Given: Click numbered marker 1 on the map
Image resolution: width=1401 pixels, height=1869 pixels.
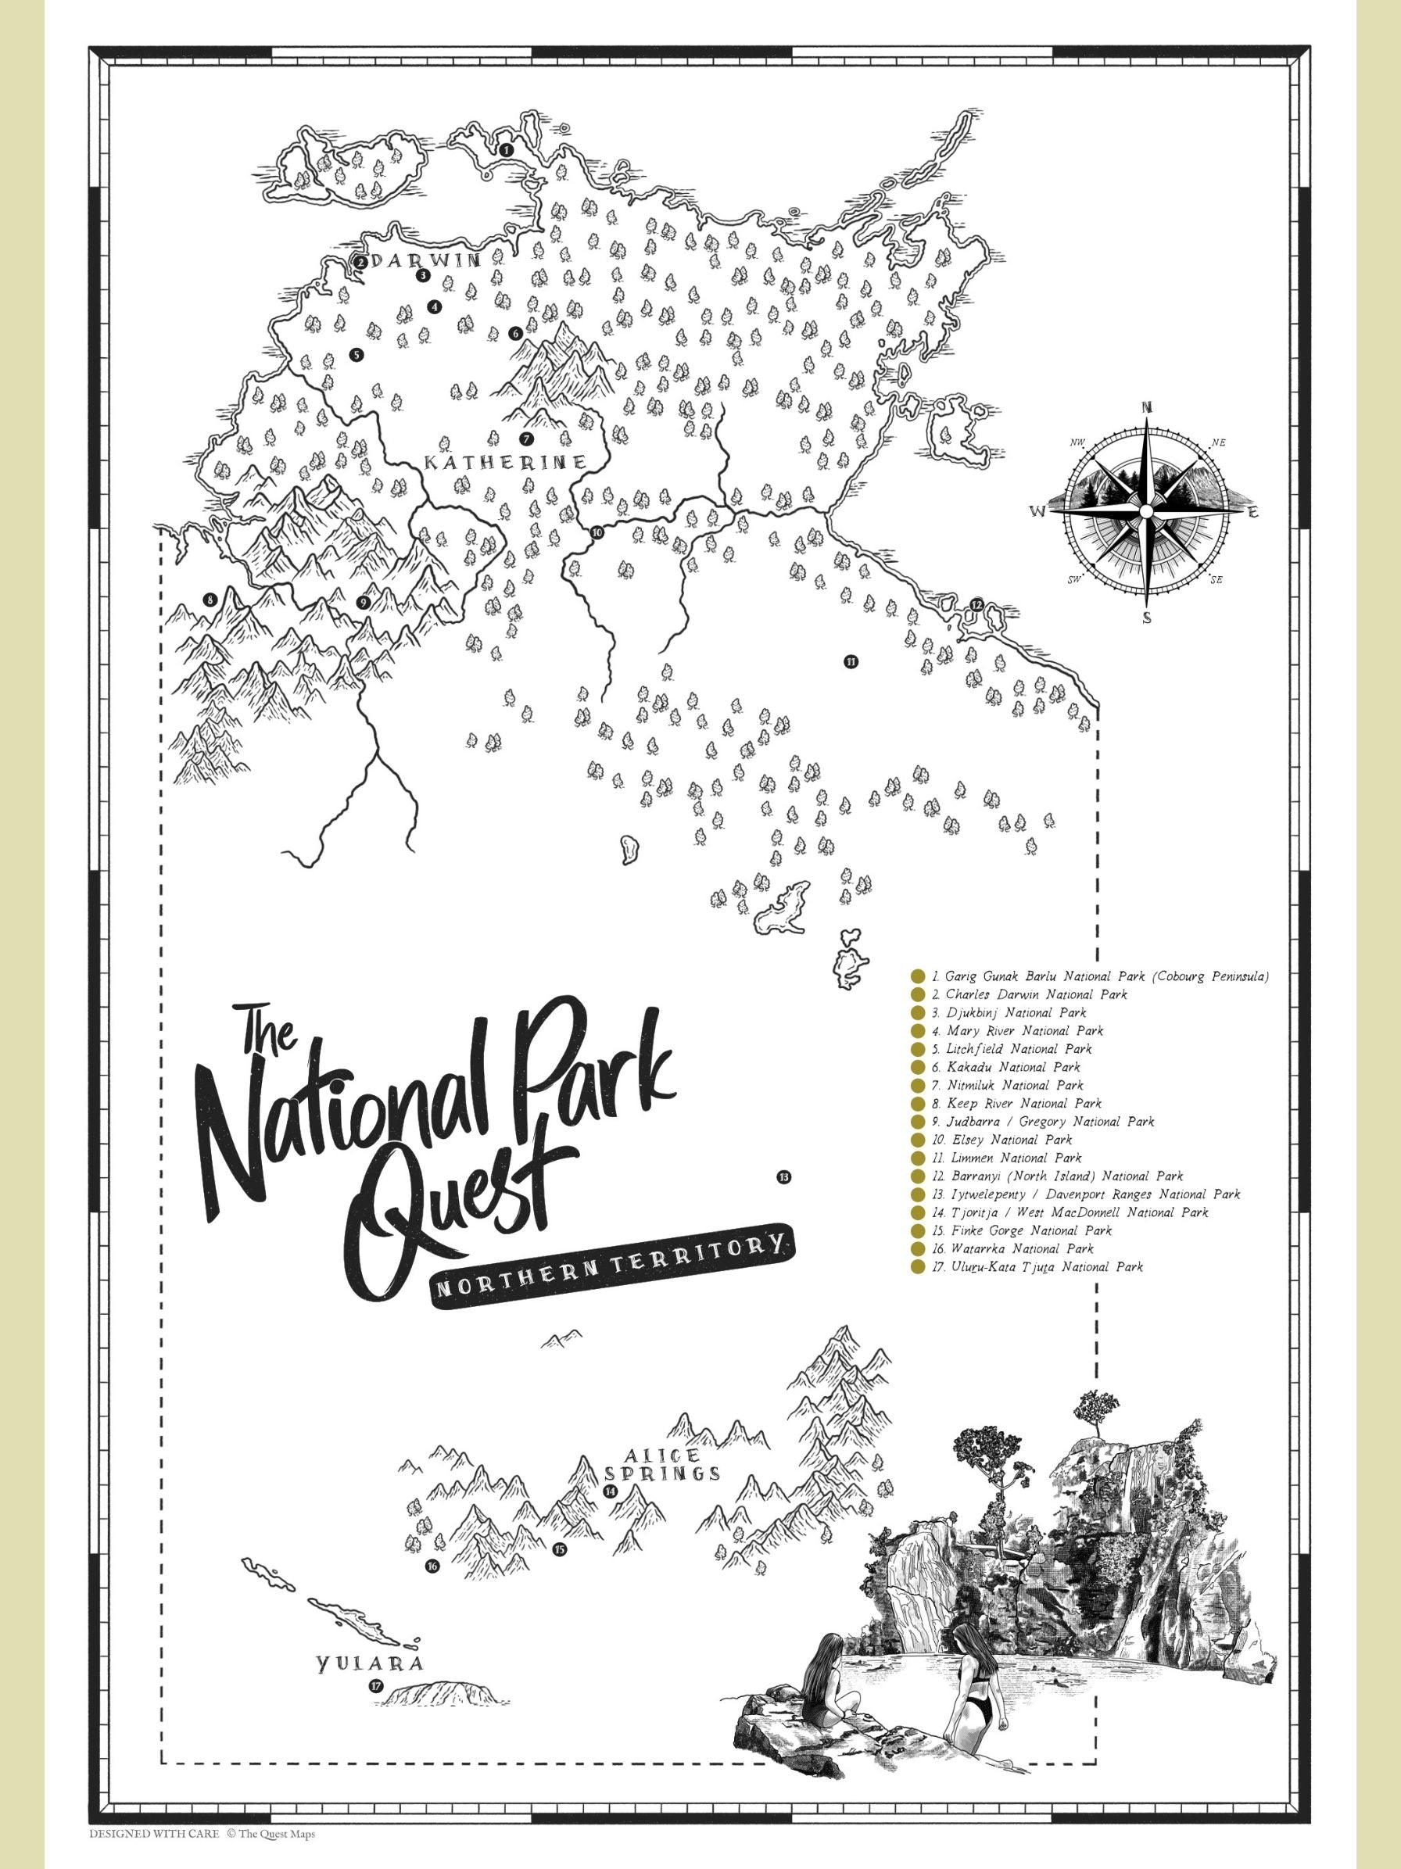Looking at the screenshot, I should point(506,149).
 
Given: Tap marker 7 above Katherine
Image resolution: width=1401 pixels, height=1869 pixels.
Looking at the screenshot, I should point(525,439).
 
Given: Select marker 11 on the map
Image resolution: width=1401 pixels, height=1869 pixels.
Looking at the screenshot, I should point(850,661).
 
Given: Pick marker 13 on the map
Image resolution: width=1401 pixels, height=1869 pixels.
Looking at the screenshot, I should point(783,1176).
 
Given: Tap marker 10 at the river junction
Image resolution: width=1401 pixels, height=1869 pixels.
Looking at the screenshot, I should point(597,532).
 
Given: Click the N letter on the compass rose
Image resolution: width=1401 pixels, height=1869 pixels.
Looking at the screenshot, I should point(1147,407).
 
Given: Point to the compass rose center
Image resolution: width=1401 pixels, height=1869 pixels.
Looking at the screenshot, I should point(1146,512).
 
